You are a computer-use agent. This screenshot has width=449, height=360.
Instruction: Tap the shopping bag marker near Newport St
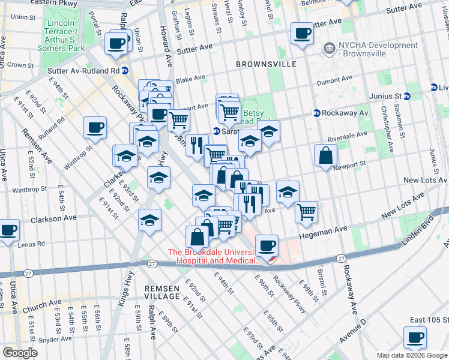[325, 156]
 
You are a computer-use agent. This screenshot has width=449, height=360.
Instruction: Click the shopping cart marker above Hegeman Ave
[306, 211]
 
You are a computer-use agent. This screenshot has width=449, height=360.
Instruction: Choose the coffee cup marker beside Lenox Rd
[8, 230]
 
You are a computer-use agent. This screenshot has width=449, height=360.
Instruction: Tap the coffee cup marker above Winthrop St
[95, 127]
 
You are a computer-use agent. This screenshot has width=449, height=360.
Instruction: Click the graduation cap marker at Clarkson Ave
[149, 220]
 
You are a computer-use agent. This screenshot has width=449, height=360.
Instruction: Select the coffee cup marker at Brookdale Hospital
[267, 245]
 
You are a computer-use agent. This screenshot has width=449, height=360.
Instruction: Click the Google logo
[20, 353]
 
